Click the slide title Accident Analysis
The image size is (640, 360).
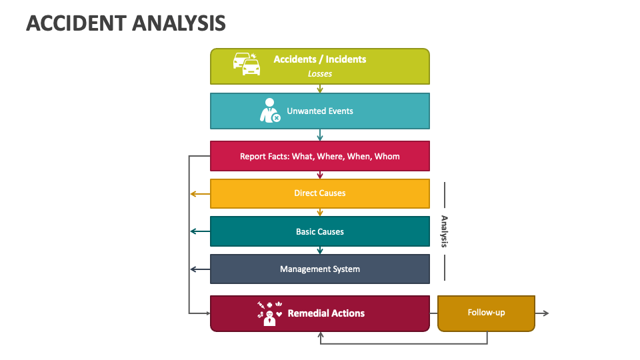pyautogui.click(x=126, y=23)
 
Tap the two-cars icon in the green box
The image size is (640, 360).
pyautogui.click(x=246, y=63)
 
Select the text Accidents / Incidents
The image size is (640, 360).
pyautogui.click(x=319, y=59)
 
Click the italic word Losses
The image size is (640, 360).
pyautogui.click(x=319, y=74)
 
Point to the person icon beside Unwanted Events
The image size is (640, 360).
pyautogui.click(x=269, y=111)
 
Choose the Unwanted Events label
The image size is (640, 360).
pyautogui.click(x=319, y=111)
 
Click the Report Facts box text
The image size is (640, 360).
pyautogui.click(x=319, y=157)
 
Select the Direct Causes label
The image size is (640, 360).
pyautogui.click(x=319, y=193)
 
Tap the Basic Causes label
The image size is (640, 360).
pyautogui.click(x=319, y=232)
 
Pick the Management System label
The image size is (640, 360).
pyautogui.click(x=319, y=269)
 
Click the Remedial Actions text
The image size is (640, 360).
pyautogui.click(x=326, y=313)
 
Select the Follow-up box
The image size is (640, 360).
pyautogui.click(x=486, y=313)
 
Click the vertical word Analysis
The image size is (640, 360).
pyautogui.click(x=444, y=232)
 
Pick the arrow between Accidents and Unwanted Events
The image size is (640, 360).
pyautogui.click(x=320, y=88)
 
